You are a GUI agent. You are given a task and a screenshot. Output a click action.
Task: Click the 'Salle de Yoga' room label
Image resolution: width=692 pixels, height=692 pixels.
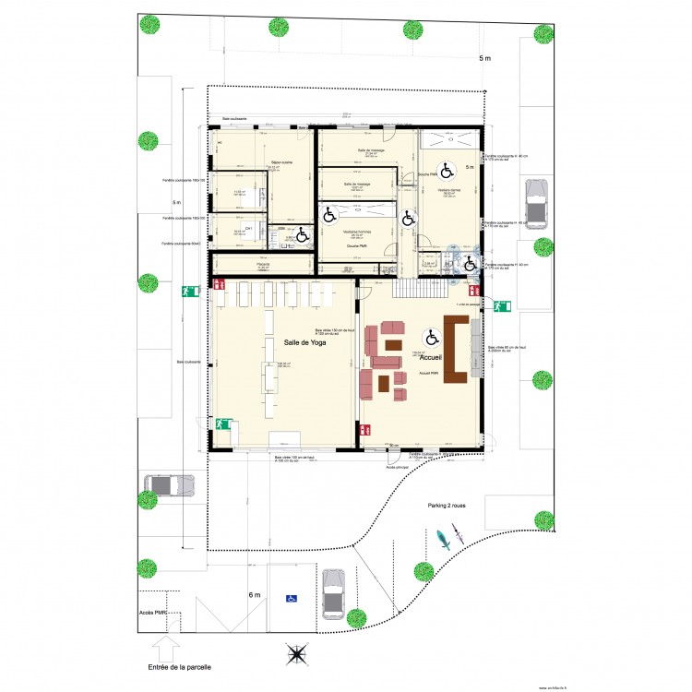(304, 343)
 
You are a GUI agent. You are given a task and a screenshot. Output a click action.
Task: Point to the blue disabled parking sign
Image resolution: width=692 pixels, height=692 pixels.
(292, 599)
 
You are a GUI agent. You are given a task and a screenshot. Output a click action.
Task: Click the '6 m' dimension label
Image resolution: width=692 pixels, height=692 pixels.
(255, 595)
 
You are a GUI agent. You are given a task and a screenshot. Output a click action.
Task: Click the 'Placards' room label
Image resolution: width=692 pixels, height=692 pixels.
(262, 265)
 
